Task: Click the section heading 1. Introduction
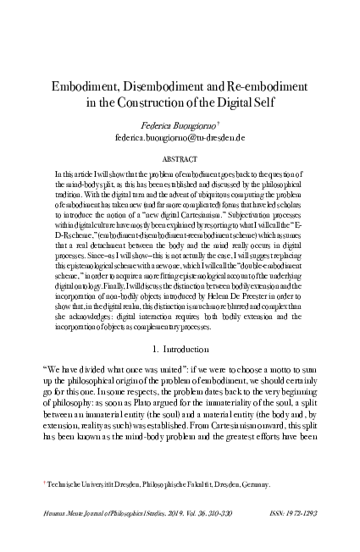click(180, 373)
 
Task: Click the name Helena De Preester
click(224, 306)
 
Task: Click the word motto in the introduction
click(275, 395)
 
